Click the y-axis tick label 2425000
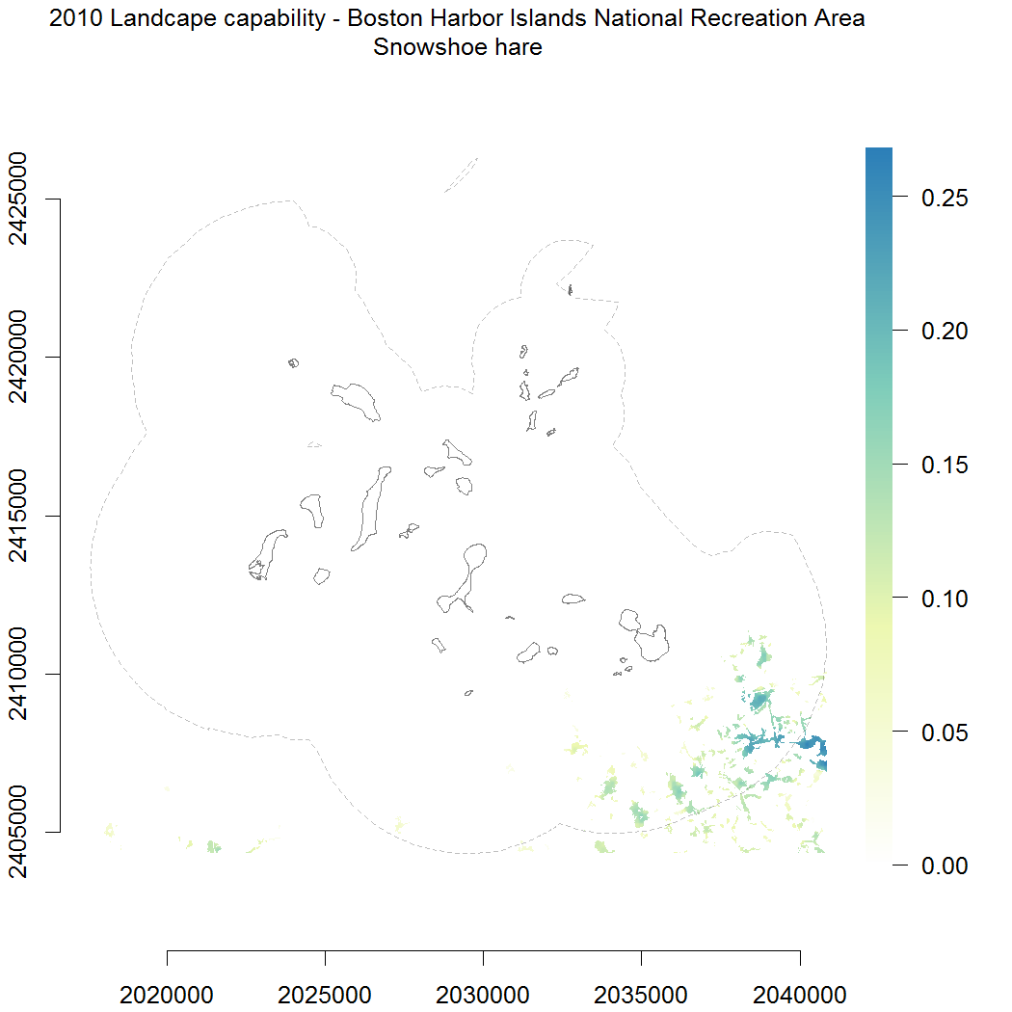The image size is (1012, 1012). pos(21,200)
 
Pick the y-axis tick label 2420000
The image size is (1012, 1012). pos(21,358)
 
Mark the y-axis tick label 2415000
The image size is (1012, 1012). pos(21,516)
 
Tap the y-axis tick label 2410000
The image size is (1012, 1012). pos(21,674)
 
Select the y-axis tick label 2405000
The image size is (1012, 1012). pos(21,831)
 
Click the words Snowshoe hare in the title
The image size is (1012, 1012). pos(458,47)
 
